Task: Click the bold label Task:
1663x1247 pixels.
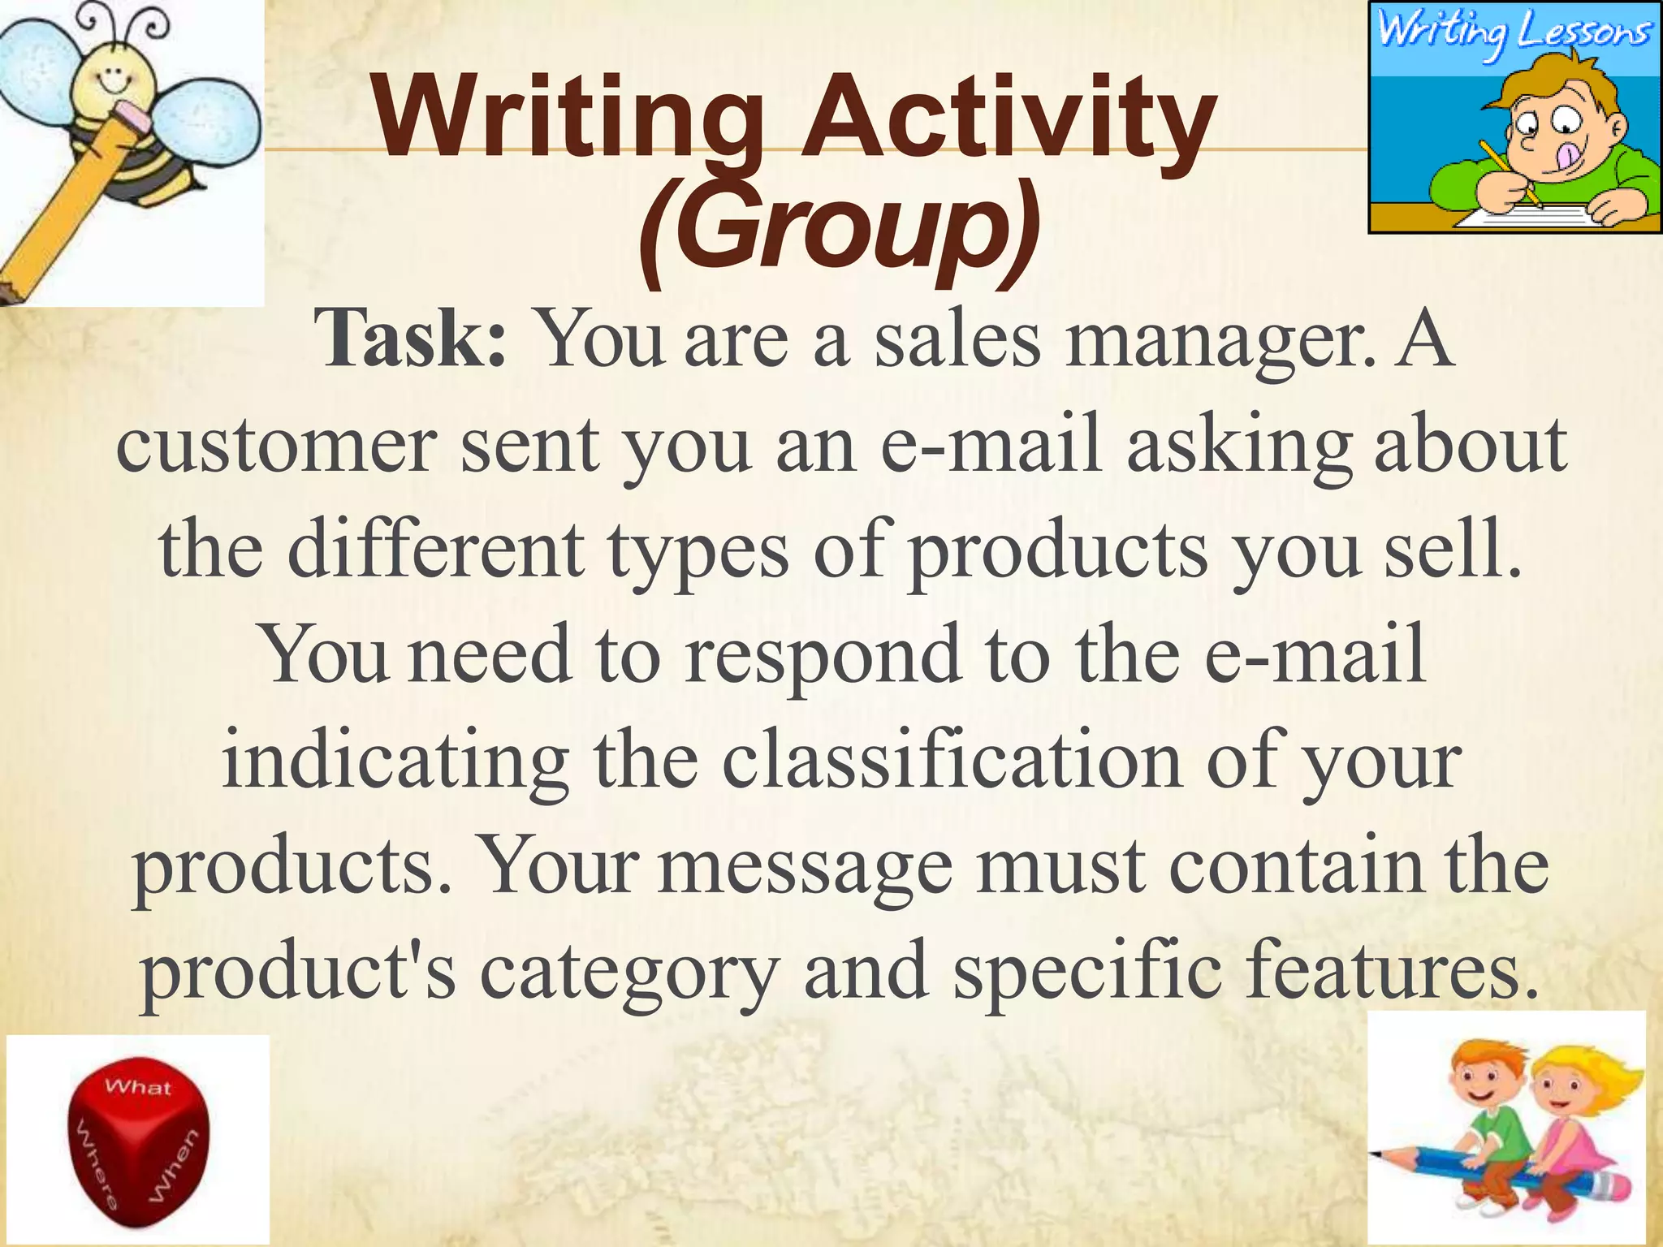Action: [x=412, y=340]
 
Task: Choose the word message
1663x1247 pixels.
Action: [x=805, y=865]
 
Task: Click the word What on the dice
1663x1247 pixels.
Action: [x=138, y=1087]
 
